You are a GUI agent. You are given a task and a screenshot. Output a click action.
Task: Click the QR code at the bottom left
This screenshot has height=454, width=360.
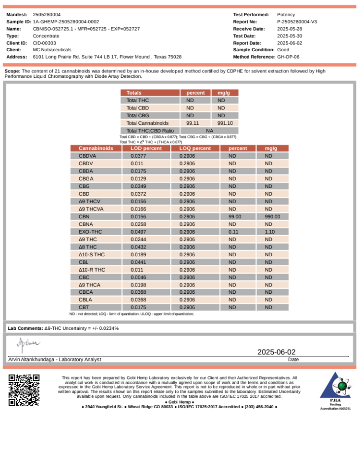[24, 390]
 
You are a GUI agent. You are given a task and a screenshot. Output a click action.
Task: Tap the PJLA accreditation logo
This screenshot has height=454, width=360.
[335, 390]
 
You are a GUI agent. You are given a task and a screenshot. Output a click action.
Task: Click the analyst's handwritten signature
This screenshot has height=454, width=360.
[28, 343]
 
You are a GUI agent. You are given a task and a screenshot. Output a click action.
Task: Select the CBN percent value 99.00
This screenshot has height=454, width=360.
[235, 216]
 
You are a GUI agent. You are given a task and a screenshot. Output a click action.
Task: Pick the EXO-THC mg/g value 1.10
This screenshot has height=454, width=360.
[270, 232]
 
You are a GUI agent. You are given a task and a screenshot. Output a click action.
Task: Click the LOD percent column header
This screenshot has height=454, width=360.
[146, 148]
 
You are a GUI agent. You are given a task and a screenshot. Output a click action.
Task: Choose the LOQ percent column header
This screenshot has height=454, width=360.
[195, 148]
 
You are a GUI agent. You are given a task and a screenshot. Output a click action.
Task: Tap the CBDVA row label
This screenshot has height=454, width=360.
[88, 156]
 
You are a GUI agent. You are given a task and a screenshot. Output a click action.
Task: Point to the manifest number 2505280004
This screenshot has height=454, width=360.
[47, 15]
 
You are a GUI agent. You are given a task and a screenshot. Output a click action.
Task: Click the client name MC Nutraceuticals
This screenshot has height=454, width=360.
[52, 50]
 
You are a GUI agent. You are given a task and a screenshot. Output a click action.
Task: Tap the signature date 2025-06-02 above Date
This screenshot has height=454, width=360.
[276, 352]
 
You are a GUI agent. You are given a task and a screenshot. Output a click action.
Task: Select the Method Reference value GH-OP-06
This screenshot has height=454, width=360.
[289, 57]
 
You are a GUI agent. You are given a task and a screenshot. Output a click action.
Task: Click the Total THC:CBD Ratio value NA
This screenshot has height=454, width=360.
[209, 131]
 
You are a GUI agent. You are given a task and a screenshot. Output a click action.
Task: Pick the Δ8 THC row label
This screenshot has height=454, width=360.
[88, 247]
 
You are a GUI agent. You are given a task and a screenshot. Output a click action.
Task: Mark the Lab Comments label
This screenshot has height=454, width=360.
[25, 328]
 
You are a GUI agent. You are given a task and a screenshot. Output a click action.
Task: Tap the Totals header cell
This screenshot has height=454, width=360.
[134, 93]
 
